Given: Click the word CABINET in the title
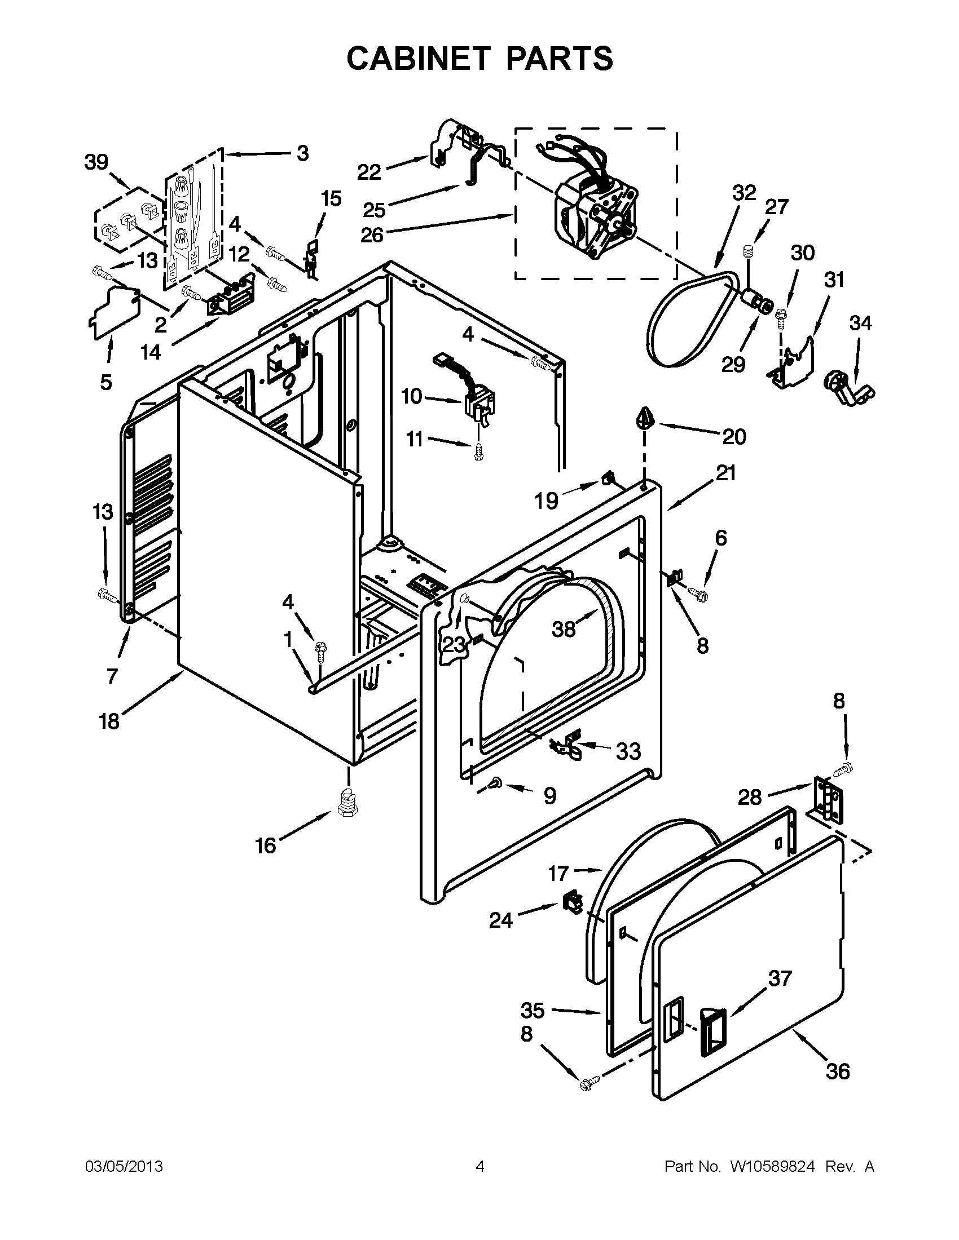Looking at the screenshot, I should (418, 58).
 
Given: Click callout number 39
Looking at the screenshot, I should (96, 162).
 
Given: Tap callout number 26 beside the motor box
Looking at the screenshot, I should (372, 234).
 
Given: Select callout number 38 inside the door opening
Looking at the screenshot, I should (564, 628).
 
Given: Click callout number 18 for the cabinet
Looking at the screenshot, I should (109, 721).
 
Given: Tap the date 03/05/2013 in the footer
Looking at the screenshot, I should (124, 1166).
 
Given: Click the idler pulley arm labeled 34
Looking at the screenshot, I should (850, 390).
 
